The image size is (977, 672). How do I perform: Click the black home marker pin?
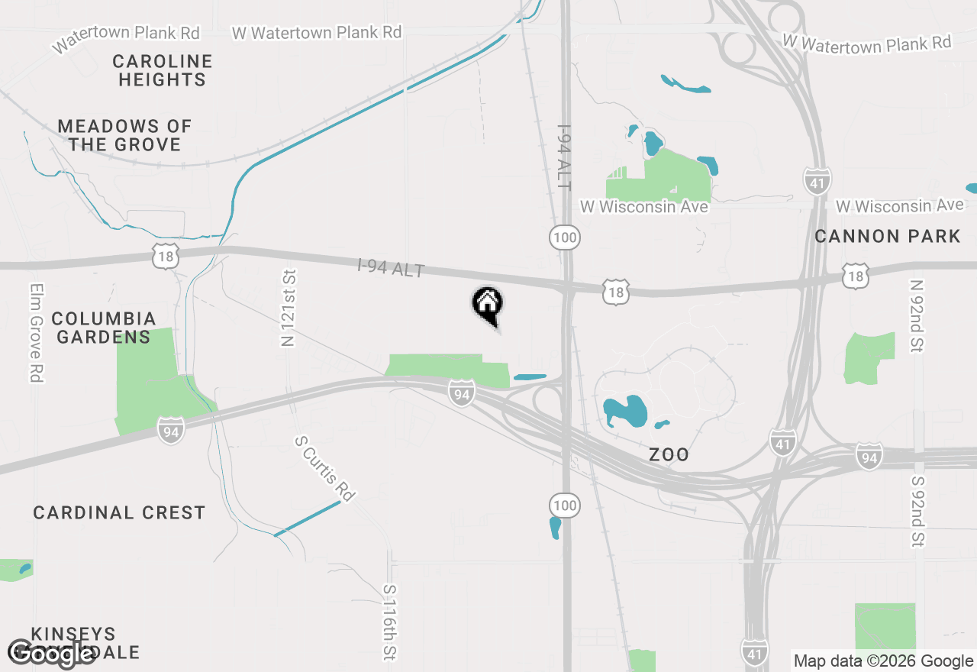click(x=487, y=305)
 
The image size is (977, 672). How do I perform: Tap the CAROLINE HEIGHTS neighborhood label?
click(x=162, y=70)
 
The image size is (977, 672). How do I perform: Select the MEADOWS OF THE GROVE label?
click(x=124, y=135)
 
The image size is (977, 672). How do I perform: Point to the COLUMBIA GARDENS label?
click(x=104, y=328)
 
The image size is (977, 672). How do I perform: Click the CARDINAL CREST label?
click(x=119, y=512)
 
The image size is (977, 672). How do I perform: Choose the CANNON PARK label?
click(x=887, y=236)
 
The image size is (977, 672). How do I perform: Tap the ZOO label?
click(x=669, y=455)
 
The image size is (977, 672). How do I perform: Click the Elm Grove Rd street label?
click(x=36, y=333)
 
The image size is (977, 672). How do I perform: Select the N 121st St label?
click(x=289, y=308)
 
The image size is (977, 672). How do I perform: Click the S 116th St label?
click(x=390, y=622)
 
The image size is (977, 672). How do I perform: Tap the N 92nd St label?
click(x=917, y=316)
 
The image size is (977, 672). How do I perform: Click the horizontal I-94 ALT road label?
click(x=390, y=269)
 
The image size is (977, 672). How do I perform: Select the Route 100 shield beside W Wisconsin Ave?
click(x=565, y=237)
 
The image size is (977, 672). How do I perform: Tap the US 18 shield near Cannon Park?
click(x=856, y=276)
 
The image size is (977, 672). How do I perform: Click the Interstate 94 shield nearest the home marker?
click(x=461, y=393)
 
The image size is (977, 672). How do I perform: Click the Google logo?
click(x=51, y=654)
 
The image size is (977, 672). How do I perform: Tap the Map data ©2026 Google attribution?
click(x=883, y=661)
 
